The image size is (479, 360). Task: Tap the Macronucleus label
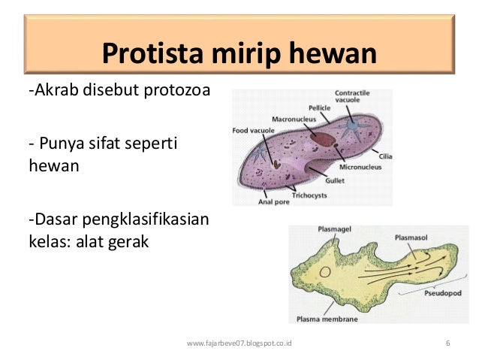tap(289, 119)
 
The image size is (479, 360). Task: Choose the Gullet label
tap(335, 180)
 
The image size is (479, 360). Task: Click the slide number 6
tap(447, 343)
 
